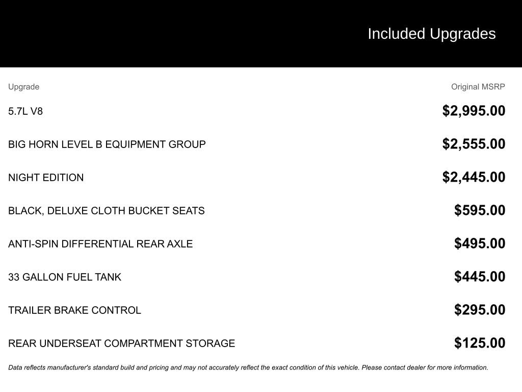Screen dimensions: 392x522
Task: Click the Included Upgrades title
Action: click(431, 34)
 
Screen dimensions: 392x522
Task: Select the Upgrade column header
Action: click(23, 87)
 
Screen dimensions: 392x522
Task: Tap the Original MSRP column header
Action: click(478, 87)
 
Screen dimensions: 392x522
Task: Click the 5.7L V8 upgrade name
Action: click(25, 111)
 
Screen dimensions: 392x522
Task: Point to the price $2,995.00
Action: click(474, 111)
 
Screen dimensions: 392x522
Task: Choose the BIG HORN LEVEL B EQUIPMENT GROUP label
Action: click(107, 144)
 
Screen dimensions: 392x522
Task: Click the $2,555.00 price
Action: click(474, 144)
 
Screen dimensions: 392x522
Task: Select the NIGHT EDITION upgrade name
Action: click(46, 178)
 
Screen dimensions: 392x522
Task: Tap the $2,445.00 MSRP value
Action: click(474, 177)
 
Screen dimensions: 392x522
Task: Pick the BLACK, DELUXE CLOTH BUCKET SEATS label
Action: click(107, 211)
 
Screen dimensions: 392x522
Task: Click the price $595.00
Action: click(480, 210)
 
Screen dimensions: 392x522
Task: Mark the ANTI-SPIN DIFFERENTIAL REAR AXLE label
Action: click(100, 244)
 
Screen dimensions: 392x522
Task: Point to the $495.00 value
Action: click(480, 243)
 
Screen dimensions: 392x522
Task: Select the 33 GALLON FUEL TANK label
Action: click(65, 277)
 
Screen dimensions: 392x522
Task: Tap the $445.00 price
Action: click(480, 277)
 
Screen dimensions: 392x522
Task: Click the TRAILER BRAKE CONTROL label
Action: click(74, 310)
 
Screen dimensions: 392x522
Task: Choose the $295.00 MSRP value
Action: click(480, 310)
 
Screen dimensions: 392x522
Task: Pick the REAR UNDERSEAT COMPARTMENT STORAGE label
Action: click(121, 344)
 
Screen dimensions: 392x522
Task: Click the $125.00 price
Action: click(480, 343)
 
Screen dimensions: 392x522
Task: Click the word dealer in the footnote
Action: click(415, 367)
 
